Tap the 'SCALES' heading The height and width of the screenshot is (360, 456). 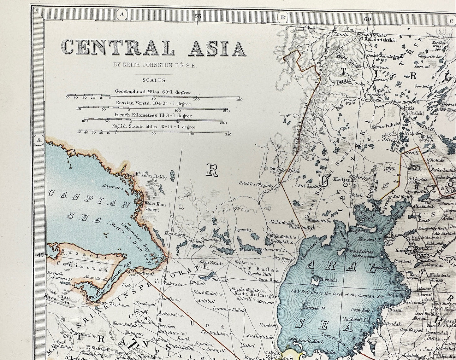(x=154, y=80)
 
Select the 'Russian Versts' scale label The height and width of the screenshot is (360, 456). (x=153, y=103)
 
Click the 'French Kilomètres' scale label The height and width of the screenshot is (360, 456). (x=153, y=116)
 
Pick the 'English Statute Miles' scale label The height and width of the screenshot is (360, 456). (x=153, y=127)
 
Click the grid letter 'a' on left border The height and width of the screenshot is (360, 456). (x=39, y=140)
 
